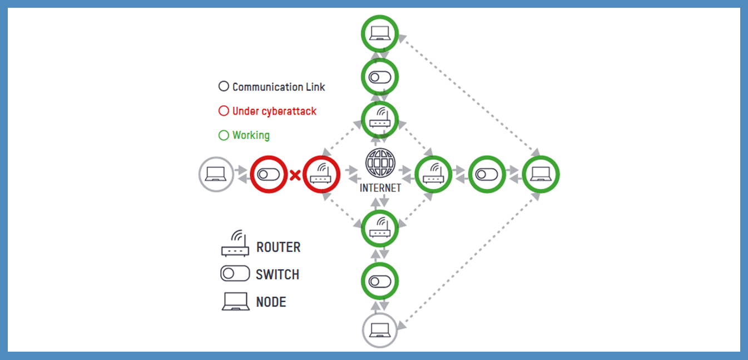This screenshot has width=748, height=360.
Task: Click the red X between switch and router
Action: point(295,175)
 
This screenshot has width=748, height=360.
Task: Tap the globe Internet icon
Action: point(380,164)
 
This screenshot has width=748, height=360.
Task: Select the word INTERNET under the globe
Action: point(380,188)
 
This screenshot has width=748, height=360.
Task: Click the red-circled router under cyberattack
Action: point(321,175)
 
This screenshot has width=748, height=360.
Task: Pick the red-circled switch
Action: point(269,175)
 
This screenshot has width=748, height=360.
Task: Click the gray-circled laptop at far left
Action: point(216,175)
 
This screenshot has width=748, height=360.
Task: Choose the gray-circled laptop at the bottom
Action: point(380,331)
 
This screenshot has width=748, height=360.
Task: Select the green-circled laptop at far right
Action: point(541,175)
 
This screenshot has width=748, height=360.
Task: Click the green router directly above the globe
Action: point(380,119)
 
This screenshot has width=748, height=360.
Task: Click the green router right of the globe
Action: point(433,175)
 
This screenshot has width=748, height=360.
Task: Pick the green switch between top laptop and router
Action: point(380,77)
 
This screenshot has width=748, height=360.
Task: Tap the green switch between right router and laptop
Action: point(487,175)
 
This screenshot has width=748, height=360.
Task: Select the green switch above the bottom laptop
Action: point(380,281)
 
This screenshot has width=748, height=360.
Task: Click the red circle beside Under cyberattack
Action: point(224,111)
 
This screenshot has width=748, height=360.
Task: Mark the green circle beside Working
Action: point(224,135)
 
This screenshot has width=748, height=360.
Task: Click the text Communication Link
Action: point(279,87)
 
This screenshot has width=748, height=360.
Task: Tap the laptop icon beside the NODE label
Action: point(235,302)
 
